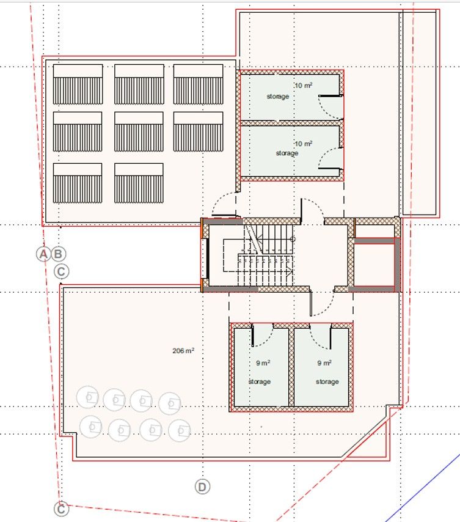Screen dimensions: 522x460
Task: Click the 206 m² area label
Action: pos(183,351)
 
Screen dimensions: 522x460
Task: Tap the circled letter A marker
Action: pos(43,254)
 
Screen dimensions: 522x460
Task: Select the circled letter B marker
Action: pos(59,254)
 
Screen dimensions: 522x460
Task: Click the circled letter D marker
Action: pos(202,487)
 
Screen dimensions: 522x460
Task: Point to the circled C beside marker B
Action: pos(62,271)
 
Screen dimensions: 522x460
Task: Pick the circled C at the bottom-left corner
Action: pos(60,509)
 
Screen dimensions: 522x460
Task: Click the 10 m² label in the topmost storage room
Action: pos(304,86)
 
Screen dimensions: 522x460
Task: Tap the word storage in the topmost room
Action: pos(277,97)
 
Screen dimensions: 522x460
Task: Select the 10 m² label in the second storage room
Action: pos(304,143)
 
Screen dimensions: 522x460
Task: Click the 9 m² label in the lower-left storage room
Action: pos(263,362)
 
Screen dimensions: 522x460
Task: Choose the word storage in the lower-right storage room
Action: pos(327,381)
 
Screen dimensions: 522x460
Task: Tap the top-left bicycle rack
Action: pos(78,84)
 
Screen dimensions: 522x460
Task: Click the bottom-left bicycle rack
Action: pos(78,183)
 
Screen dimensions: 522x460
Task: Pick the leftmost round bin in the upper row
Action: pos(88,398)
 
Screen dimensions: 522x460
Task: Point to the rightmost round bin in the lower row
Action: pos(178,430)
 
